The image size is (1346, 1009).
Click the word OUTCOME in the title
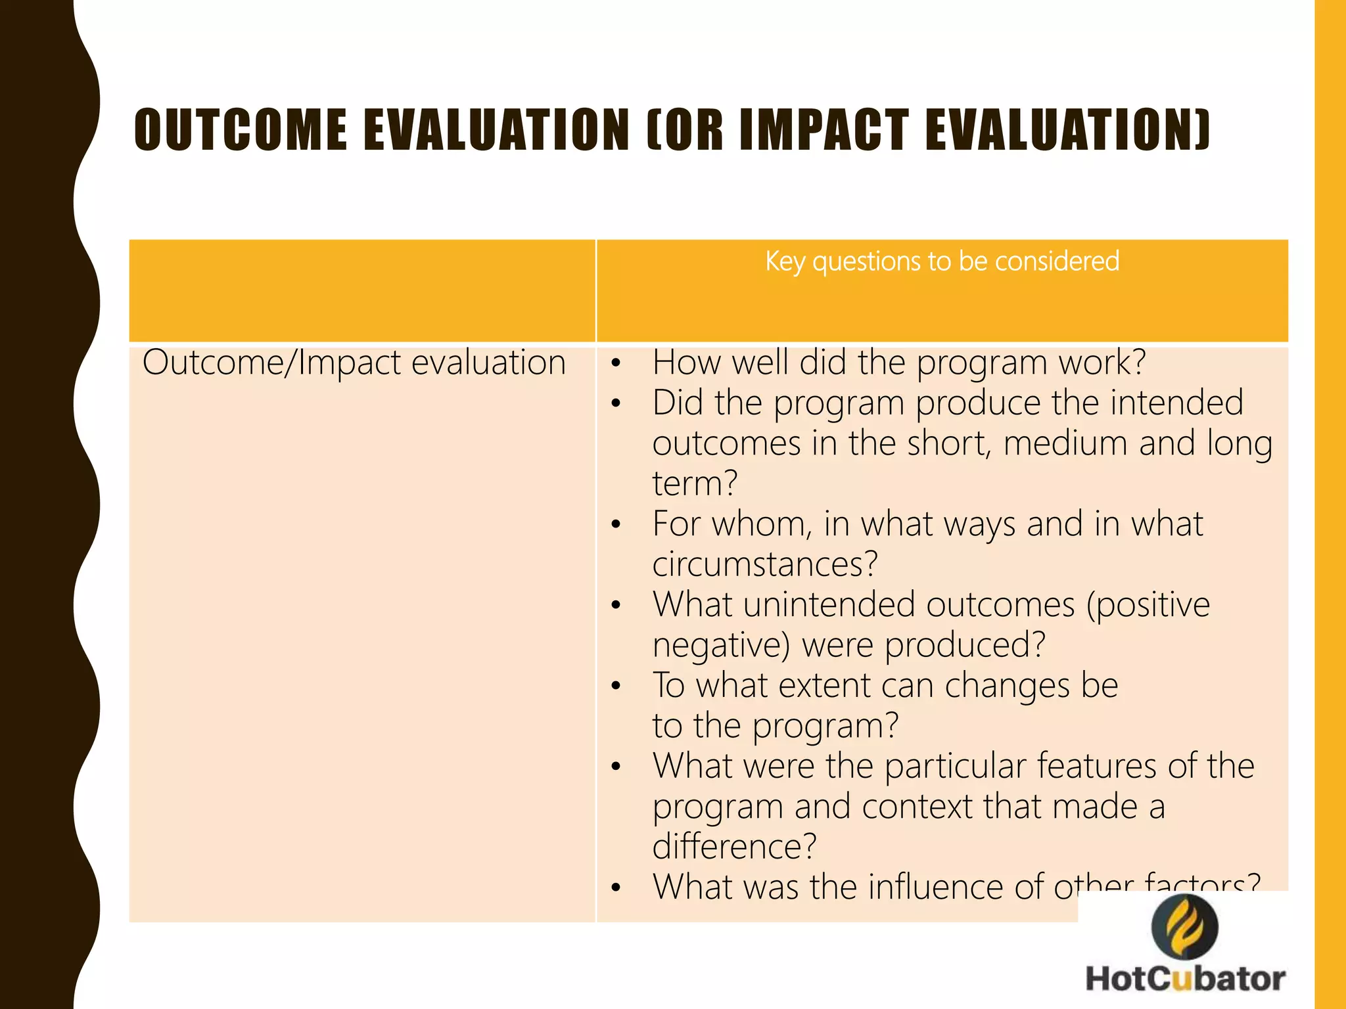241,130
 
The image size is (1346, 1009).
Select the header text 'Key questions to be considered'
942,261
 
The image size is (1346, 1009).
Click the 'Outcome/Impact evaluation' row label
354,363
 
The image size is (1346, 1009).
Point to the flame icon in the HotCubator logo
1185,927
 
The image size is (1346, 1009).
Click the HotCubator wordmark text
1185,979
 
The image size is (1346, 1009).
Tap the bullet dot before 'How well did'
616,363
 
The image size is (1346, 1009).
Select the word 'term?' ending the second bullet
695,483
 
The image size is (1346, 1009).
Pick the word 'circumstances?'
765,564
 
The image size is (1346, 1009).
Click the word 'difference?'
734,847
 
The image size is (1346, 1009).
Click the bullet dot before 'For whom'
616,525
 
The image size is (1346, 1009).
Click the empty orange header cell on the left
362,290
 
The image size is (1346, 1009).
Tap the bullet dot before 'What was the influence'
616,888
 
